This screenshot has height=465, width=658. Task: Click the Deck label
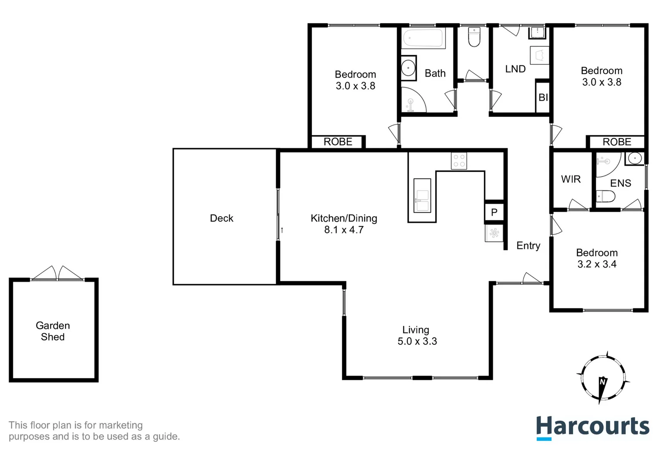(x=221, y=218)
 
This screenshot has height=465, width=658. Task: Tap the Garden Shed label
(x=53, y=331)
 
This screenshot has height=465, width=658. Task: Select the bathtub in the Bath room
(x=423, y=38)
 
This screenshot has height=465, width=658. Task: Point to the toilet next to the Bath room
(x=474, y=37)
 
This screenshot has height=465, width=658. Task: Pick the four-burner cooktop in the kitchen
(x=459, y=161)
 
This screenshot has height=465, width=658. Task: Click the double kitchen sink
(x=422, y=195)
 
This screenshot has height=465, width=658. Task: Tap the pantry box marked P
(x=494, y=212)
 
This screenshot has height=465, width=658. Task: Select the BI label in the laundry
(x=543, y=98)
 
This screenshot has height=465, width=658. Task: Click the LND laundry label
(x=515, y=69)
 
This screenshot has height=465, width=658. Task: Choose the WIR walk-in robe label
(x=571, y=179)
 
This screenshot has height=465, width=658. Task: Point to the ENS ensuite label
(x=621, y=183)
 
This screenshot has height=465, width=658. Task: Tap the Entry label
(x=528, y=246)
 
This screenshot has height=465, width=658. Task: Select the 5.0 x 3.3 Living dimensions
(x=417, y=341)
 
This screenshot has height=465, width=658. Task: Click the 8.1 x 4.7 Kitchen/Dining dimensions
(x=344, y=230)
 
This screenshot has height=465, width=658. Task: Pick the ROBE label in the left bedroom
(x=338, y=142)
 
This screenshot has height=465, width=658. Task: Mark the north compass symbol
(x=603, y=378)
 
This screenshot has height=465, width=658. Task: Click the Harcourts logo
(x=593, y=427)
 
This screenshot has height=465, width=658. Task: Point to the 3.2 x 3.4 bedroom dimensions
(x=597, y=264)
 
